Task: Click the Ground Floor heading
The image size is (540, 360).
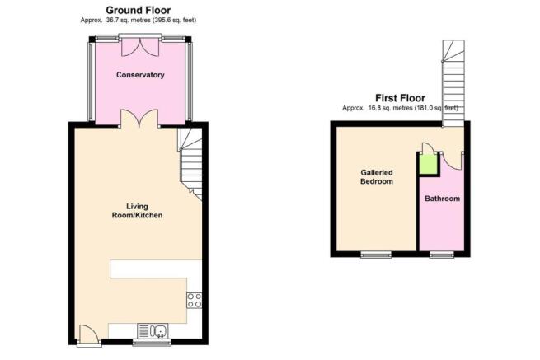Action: (x=139, y=10)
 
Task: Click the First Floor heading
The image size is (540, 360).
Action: (x=400, y=98)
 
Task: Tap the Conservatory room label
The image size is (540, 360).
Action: (x=140, y=75)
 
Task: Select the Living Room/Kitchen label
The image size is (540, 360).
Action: (x=137, y=211)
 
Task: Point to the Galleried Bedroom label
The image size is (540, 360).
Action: (x=377, y=177)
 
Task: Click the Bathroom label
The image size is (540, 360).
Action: (x=442, y=199)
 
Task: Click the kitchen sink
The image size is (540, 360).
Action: (x=153, y=330)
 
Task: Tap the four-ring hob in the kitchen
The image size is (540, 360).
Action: (x=195, y=300)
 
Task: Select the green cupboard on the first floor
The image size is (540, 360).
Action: (x=429, y=165)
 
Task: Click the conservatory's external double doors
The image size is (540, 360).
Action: (x=140, y=46)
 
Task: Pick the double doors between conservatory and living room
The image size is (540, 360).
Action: (x=139, y=119)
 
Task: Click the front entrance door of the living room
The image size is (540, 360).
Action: (x=88, y=333)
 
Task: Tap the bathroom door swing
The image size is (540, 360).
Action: (x=452, y=161)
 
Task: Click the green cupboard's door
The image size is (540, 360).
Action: (x=428, y=148)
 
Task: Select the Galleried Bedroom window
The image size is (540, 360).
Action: (x=376, y=255)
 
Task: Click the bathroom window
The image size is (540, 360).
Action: (x=442, y=255)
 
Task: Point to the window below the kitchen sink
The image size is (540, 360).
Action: (x=152, y=342)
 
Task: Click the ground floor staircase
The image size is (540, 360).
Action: (x=190, y=164)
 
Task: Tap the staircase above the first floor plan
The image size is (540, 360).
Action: (x=453, y=83)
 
